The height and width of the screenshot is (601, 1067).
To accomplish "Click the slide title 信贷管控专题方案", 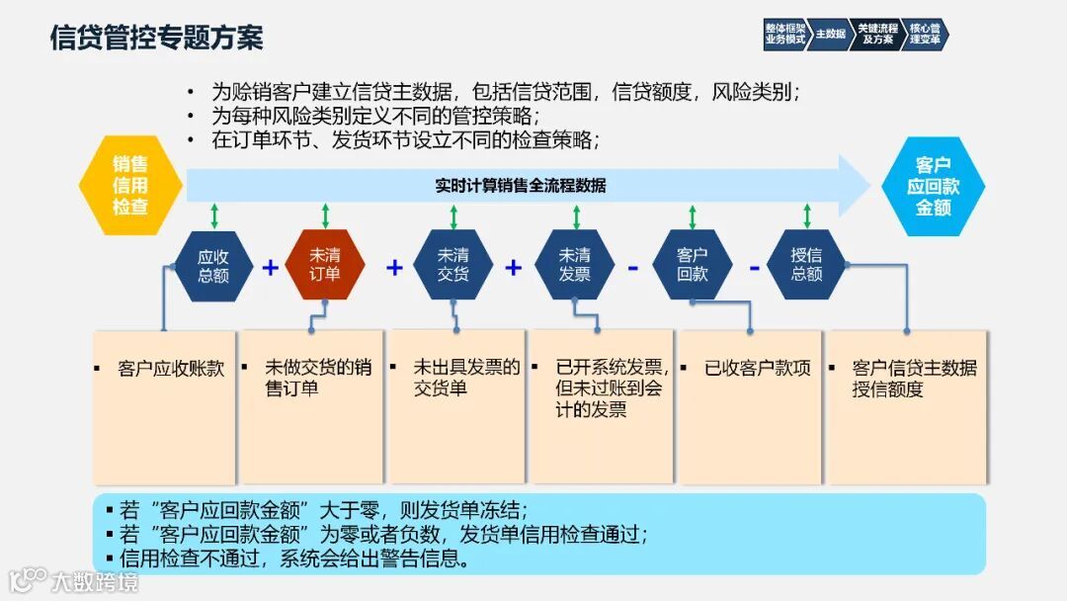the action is pyautogui.click(x=156, y=39).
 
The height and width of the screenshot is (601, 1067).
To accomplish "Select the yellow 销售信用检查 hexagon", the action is pyautogui.click(x=130, y=186).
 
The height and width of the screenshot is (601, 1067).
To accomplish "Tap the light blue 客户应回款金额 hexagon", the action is pyautogui.click(x=933, y=186).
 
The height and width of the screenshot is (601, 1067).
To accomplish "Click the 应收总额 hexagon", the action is pyautogui.click(x=213, y=265).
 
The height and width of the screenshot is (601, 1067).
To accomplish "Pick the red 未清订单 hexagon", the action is pyautogui.click(x=325, y=265).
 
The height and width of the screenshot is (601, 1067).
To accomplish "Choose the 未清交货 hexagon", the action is pyautogui.click(x=453, y=265).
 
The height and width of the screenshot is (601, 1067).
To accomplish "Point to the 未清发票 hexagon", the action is pyautogui.click(x=574, y=265).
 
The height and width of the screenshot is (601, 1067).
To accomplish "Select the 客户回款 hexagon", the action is pyautogui.click(x=693, y=265).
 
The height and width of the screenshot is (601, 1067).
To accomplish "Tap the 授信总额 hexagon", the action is pyautogui.click(x=806, y=265).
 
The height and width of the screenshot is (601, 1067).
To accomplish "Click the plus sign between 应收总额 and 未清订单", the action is pyautogui.click(x=270, y=267).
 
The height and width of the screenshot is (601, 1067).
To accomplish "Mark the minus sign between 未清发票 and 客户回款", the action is pyautogui.click(x=633, y=267).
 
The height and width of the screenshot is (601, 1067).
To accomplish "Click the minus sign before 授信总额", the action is pyautogui.click(x=753, y=267).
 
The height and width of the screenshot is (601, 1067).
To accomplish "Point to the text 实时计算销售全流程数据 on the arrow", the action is pyautogui.click(x=521, y=186).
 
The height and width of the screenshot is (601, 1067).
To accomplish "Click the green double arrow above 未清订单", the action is pyautogui.click(x=325, y=216).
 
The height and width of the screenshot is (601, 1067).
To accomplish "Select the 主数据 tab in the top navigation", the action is pyautogui.click(x=830, y=35).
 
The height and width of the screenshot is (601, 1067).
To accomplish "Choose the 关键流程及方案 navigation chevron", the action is pyautogui.click(x=876, y=35).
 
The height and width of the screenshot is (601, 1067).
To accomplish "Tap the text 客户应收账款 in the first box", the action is pyautogui.click(x=170, y=369).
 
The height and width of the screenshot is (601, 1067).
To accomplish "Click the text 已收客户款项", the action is pyautogui.click(x=757, y=369).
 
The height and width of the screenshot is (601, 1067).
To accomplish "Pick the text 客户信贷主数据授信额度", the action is pyautogui.click(x=914, y=379).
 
